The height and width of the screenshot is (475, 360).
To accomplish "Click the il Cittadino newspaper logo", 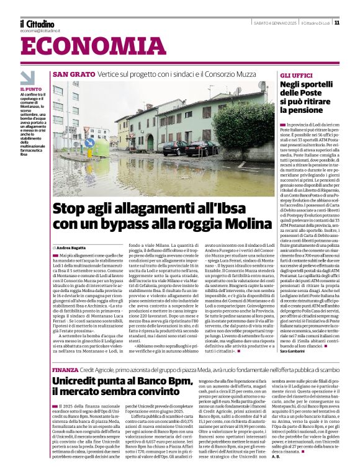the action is [x=37, y=24].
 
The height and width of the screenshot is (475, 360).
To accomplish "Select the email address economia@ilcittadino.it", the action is [x=40, y=30].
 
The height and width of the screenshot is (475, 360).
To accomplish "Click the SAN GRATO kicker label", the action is [x=74, y=74].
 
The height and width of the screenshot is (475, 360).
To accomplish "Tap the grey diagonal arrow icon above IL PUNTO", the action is [x=28, y=78].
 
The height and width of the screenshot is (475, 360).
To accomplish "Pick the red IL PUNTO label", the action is [x=31, y=89].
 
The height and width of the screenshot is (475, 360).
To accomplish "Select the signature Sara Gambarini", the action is [x=297, y=351].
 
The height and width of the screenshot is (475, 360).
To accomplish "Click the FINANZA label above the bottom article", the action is [x=65, y=369].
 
